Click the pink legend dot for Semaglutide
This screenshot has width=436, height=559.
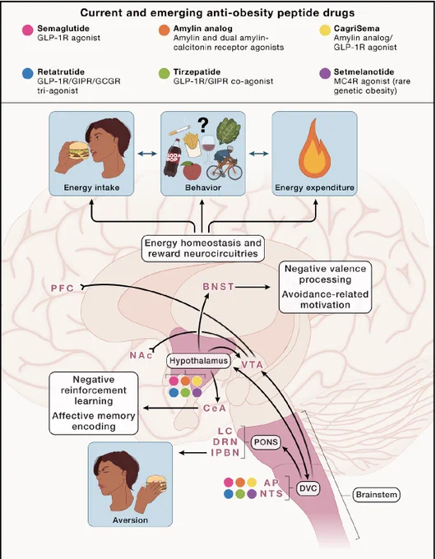coord(27,30)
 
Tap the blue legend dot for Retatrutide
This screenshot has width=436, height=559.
coord(27,74)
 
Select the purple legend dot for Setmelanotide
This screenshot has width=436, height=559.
coord(325,74)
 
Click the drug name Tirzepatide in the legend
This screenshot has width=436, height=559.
coord(197,72)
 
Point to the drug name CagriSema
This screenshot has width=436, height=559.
coord(356,29)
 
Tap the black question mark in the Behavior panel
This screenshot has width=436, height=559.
coord(202,126)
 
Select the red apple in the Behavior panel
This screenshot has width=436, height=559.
coord(192,170)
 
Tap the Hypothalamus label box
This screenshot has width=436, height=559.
coord(198,361)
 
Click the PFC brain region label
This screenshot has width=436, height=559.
coord(62,288)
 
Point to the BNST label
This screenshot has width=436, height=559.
coord(218,287)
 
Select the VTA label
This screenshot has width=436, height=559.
coord(252,365)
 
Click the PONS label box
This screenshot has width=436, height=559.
coord(266,442)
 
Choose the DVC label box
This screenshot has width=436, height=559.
coord(308,488)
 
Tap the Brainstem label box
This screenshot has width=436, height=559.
coord(376,495)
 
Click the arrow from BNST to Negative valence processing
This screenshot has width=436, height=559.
coord(253,287)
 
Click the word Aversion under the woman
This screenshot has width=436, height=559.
coord(130,520)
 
